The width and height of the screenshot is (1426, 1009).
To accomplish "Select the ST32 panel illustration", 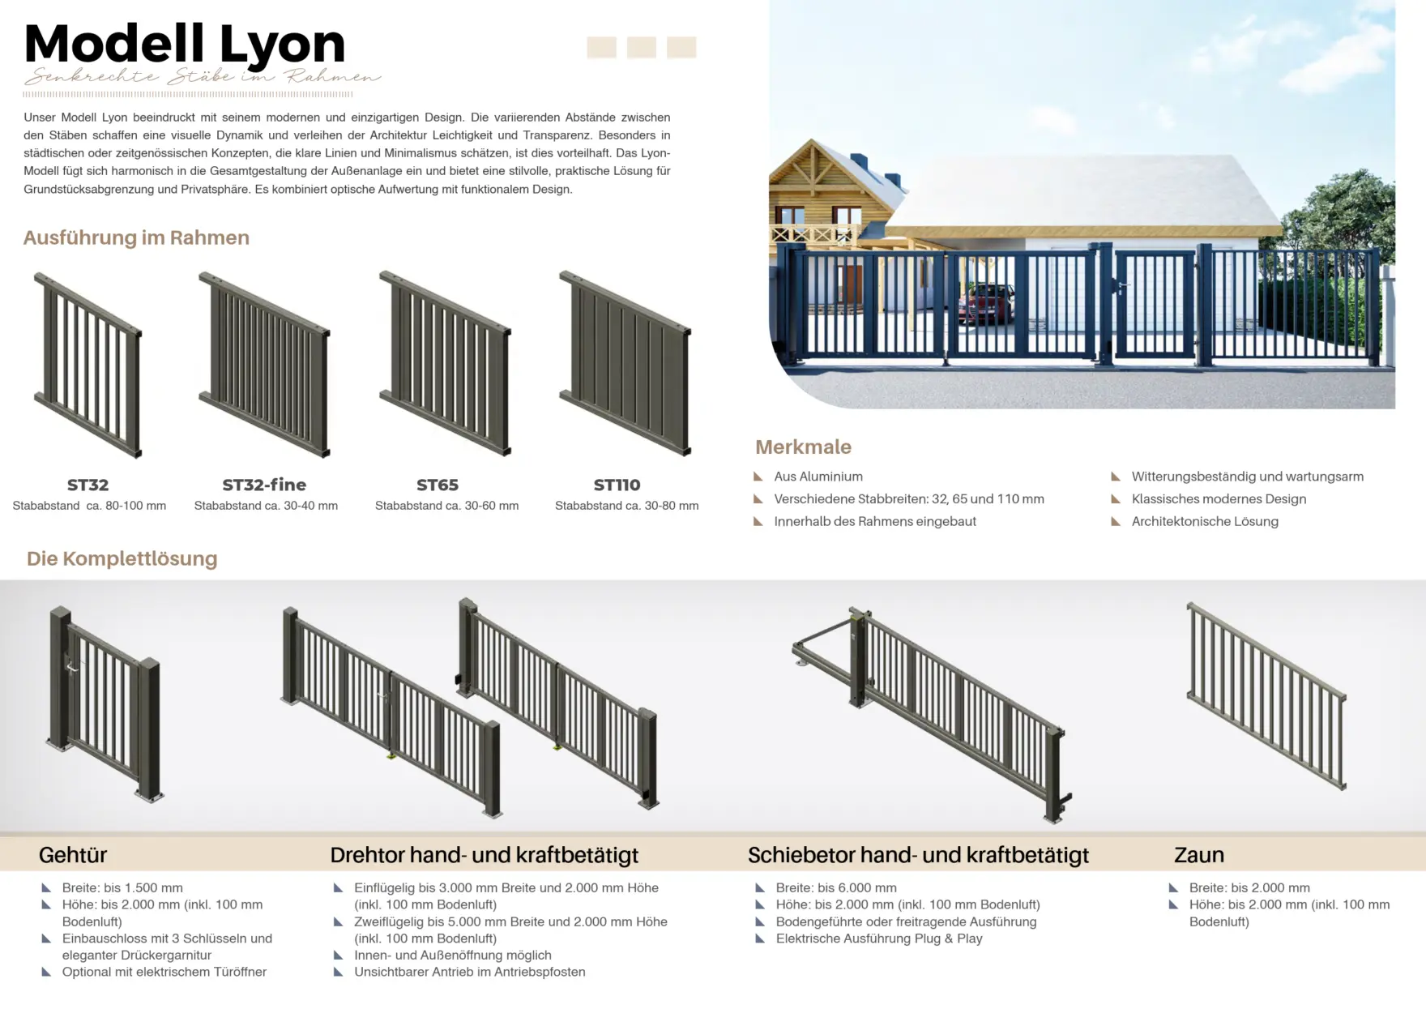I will point(88,365).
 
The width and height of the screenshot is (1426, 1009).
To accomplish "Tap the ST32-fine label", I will point(264,485).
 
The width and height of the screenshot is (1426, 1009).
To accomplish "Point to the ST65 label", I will point(438,485).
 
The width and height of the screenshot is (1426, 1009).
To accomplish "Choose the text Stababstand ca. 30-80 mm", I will point(626,506).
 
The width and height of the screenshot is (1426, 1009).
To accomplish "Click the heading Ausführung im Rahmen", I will point(136,237).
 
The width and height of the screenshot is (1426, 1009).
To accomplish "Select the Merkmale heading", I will point(803,447).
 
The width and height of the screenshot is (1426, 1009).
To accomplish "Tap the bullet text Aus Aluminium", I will point(818,477).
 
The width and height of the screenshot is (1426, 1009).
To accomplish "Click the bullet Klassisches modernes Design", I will point(1219,499).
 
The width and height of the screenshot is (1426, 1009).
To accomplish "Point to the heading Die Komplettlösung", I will point(122,558).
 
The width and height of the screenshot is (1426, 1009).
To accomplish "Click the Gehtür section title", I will point(73,855).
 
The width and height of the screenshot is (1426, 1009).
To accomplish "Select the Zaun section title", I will point(1198,855).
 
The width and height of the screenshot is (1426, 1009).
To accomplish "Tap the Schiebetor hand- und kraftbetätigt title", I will point(918,855).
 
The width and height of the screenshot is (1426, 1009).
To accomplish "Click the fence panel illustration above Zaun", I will point(1266,695).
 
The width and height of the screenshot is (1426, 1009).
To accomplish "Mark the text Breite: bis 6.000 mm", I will point(836,888).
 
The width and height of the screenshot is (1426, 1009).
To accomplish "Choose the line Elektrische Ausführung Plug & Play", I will point(879,938).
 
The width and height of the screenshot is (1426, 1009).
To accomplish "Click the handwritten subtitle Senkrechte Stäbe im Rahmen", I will point(202,78).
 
